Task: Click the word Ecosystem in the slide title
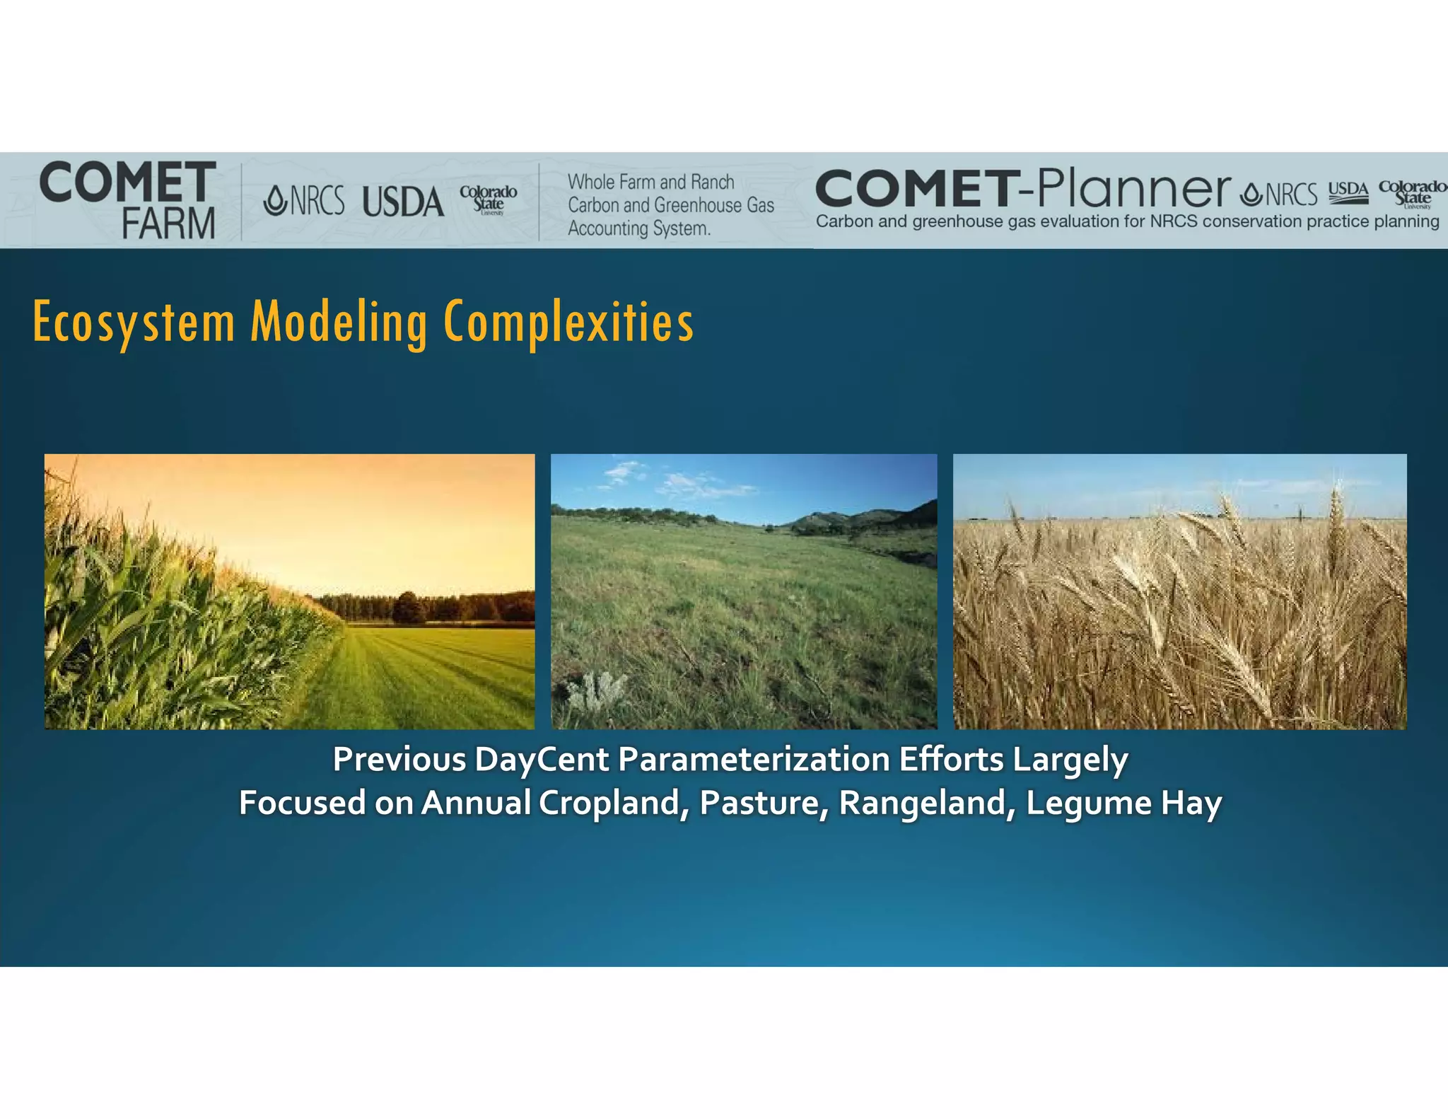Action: (x=134, y=323)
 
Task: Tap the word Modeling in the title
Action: (x=339, y=323)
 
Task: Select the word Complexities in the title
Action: (x=568, y=323)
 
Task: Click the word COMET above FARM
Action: (x=128, y=182)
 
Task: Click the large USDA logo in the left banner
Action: (x=403, y=202)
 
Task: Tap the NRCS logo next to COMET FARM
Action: (x=304, y=200)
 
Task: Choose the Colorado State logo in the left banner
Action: (x=488, y=199)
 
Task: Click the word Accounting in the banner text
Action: (x=608, y=228)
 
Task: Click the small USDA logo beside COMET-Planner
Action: (x=1348, y=192)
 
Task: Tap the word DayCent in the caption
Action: (x=541, y=760)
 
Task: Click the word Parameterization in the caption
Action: (x=754, y=760)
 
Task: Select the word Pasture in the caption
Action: (x=764, y=804)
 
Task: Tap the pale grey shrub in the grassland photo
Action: (x=598, y=690)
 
